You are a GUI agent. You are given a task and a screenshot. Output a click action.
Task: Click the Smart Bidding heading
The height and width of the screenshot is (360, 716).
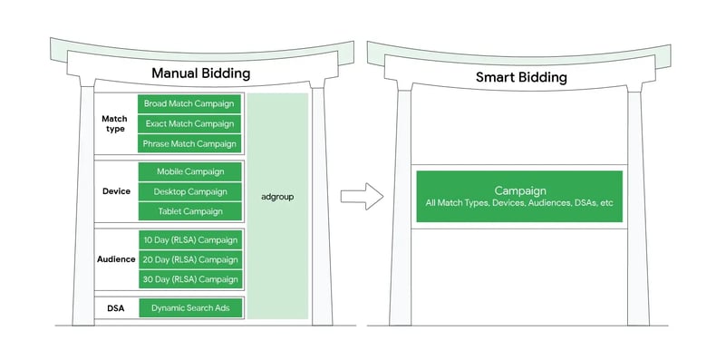pyautogui.click(x=521, y=77)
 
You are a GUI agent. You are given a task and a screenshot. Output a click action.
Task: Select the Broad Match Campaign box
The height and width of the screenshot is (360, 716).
pyautogui.click(x=190, y=103)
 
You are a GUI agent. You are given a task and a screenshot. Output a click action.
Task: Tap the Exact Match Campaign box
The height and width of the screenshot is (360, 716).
pyautogui.click(x=190, y=123)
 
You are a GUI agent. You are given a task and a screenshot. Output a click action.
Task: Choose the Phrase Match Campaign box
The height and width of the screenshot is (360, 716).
pyautogui.click(x=190, y=143)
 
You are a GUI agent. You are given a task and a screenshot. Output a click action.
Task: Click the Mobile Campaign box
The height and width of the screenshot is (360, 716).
pyautogui.click(x=190, y=171)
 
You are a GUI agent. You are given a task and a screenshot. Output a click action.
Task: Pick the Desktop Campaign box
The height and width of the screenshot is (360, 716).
pyautogui.click(x=190, y=191)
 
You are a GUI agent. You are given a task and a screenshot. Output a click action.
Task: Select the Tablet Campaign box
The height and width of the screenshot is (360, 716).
pyautogui.click(x=190, y=211)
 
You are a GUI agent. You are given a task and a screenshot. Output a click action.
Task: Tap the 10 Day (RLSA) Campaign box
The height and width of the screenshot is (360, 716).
pyautogui.click(x=190, y=240)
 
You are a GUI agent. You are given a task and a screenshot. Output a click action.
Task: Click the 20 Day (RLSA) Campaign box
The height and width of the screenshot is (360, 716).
pyautogui.click(x=190, y=259)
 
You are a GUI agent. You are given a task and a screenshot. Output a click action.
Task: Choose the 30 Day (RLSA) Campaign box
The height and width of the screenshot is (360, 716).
pyautogui.click(x=190, y=279)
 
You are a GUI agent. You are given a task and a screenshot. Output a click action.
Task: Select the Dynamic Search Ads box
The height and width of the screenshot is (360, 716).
pyautogui.click(x=190, y=308)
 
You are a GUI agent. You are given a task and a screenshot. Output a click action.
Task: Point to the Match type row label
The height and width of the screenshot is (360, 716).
pyautogui.click(x=114, y=123)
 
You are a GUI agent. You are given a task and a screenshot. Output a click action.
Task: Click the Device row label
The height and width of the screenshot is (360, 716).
pyautogui.click(x=116, y=191)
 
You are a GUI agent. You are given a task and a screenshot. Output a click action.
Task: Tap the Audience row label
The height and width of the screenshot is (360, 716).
pyautogui.click(x=116, y=259)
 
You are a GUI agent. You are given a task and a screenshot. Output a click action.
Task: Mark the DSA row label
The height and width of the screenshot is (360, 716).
pyautogui.click(x=115, y=308)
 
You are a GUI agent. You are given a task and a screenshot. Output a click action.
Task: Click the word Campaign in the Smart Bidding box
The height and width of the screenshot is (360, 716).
pyautogui.click(x=519, y=190)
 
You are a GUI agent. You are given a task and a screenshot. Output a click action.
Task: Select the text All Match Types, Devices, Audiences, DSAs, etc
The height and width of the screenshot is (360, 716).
pyautogui.click(x=519, y=203)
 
